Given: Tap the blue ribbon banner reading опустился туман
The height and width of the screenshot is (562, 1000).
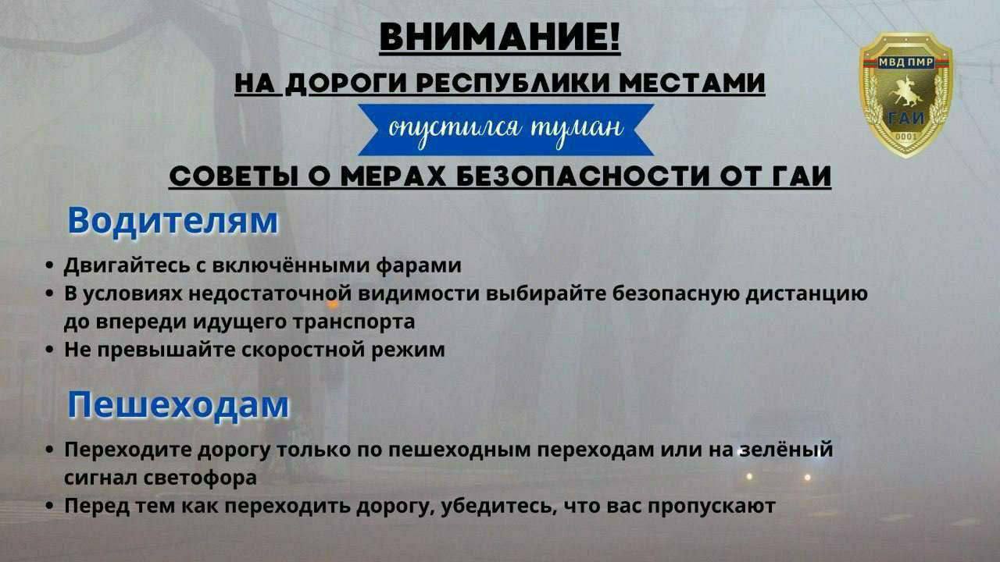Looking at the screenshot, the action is (x=506, y=130).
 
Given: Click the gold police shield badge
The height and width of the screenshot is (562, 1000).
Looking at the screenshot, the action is (x=905, y=94).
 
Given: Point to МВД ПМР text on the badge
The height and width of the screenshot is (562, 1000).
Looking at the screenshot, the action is (x=905, y=62).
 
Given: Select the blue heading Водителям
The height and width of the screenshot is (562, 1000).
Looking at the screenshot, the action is (x=173, y=221).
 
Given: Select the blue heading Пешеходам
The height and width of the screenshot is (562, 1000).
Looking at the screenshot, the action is (x=178, y=405).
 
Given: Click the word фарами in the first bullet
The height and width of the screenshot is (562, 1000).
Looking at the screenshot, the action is (x=418, y=265).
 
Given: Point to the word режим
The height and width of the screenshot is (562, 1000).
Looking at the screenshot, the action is (x=408, y=350).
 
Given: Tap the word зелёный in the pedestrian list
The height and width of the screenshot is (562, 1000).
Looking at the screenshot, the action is (x=786, y=449).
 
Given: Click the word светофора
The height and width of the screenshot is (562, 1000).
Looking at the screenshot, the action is (x=200, y=477).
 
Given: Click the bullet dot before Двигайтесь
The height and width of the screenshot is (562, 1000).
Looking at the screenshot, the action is (x=49, y=266).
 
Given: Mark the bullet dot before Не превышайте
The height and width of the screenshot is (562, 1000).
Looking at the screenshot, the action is (x=49, y=350).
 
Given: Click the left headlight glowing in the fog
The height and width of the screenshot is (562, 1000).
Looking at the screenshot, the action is (x=749, y=477).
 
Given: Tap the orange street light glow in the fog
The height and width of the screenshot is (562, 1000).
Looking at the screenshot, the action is (x=332, y=305).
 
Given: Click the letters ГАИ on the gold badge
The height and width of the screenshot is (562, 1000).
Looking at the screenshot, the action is (x=906, y=118).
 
